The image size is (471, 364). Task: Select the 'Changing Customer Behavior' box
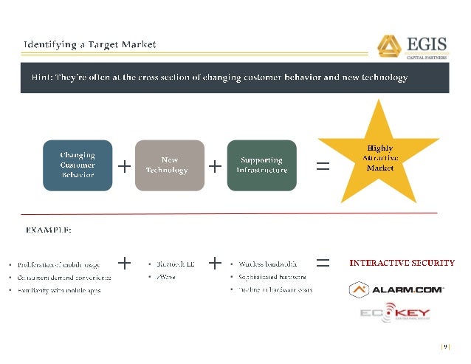[78, 165]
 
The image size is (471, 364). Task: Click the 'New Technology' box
[169, 165]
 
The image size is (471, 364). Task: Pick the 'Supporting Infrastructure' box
[261, 165]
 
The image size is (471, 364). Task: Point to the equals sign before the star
[323, 166]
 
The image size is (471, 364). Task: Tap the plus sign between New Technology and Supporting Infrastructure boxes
[215, 166]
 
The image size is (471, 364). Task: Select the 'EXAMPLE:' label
[49, 230]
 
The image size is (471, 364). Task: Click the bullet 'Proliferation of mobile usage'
[61, 264]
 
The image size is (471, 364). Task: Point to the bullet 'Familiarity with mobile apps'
[61, 290]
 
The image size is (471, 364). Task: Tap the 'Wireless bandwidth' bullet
[267, 264]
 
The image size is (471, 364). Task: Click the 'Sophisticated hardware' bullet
[272, 277]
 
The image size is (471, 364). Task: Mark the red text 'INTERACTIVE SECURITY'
[402, 263]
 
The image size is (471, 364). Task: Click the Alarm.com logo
[396, 290]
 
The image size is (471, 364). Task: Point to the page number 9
[444, 346]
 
